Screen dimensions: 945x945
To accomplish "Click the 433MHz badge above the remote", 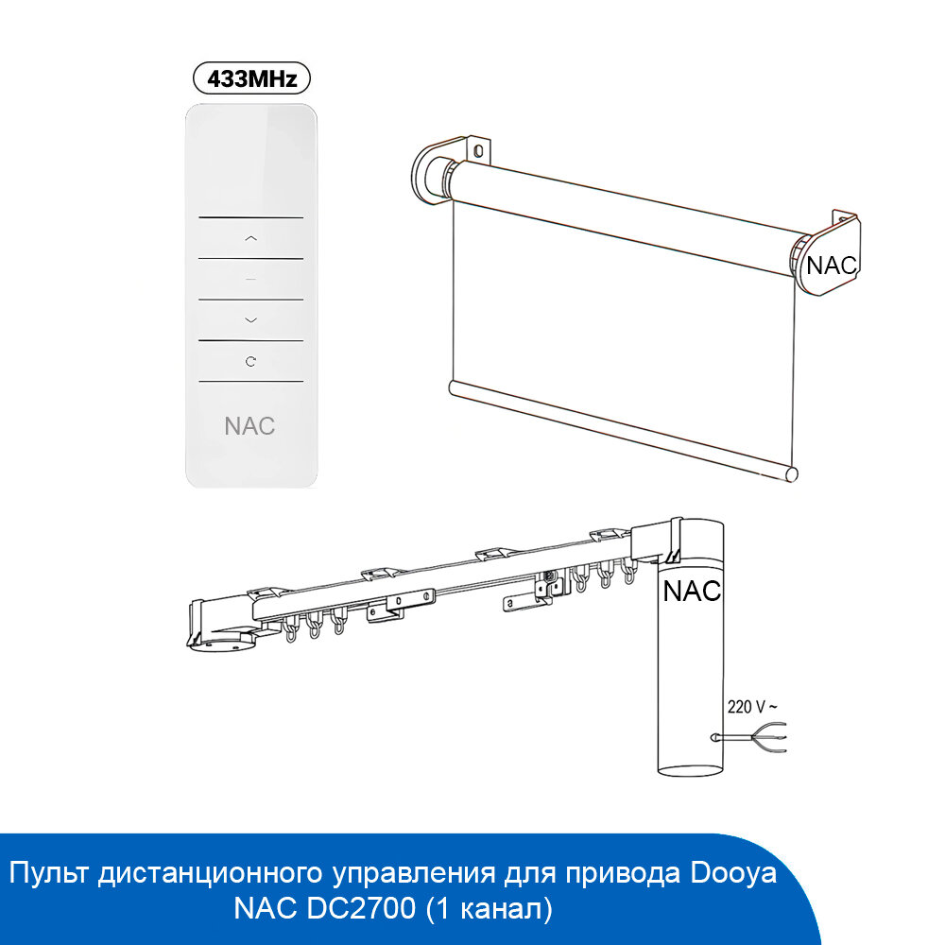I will point(250,77).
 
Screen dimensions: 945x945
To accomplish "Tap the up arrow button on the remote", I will point(250,238).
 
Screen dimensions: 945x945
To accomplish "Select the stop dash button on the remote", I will point(250,280).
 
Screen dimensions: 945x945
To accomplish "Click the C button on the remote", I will point(250,361).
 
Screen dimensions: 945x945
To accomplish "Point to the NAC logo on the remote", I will point(250,425).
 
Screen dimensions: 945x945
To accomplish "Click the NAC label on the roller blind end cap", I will point(831,266).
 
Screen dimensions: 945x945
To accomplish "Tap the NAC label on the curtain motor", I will point(692,592).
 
